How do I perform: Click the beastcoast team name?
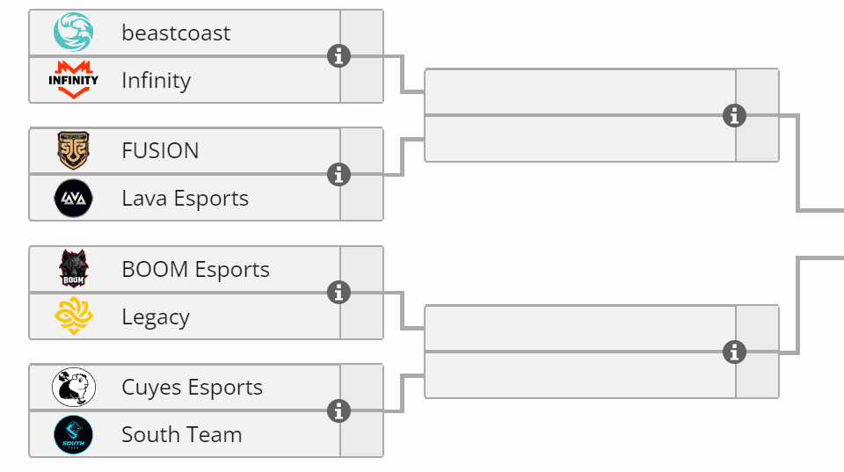click(176, 33)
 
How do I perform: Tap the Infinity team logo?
click(73, 80)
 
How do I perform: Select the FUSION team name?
click(160, 151)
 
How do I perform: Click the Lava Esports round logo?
click(73, 199)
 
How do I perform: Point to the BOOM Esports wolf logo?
click(73, 269)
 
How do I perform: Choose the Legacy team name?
click(156, 317)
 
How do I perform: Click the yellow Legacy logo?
click(73, 316)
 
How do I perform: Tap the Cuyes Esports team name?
click(192, 388)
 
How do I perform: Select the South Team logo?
click(73, 434)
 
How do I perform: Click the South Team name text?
click(181, 435)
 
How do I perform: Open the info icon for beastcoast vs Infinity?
click(338, 56)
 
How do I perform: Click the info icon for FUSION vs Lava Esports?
click(338, 174)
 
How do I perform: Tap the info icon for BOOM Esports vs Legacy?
click(338, 293)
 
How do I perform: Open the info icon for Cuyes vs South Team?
click(338, 410)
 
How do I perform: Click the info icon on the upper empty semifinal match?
click(734, 115)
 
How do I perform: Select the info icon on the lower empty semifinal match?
click(734, 352)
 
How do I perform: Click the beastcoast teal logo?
click(73, 33)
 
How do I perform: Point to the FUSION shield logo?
click(73, 150)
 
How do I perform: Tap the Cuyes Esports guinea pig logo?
click(73, 388)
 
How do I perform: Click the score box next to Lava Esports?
click(361, 198)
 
